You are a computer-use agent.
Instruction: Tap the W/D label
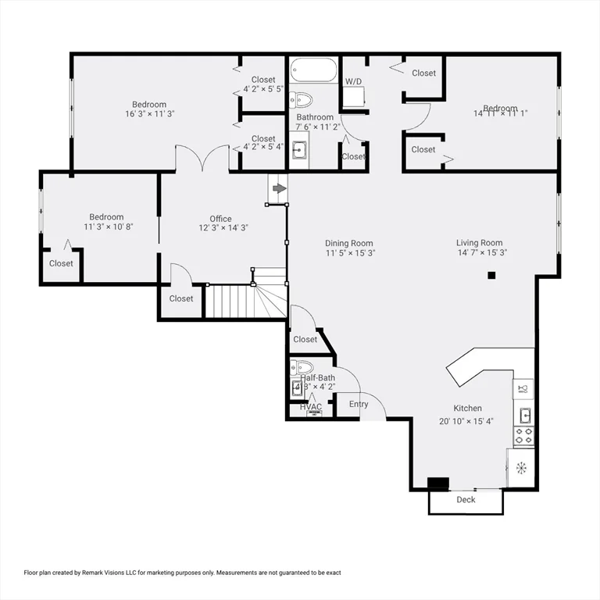click(353, 81)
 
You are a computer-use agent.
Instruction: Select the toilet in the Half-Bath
click(302, 367)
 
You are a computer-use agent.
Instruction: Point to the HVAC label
click(311, 407)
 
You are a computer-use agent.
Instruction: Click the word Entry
click(359, 404)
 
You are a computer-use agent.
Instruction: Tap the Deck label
click(466, 500)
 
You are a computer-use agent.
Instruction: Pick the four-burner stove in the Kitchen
click(523, 435)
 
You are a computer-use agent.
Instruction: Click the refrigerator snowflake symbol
click(521, 468)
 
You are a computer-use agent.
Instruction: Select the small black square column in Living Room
click(491, 275)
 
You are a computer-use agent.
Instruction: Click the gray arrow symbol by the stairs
click(278, 188)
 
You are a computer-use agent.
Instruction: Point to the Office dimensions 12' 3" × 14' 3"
click(220, 228)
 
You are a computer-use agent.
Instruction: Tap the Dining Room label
click(349, 243)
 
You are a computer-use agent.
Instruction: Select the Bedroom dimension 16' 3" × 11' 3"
click(148, 114)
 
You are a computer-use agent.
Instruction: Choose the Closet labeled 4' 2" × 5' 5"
click(263, 89)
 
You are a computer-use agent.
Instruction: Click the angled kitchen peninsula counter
click(480, 363)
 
